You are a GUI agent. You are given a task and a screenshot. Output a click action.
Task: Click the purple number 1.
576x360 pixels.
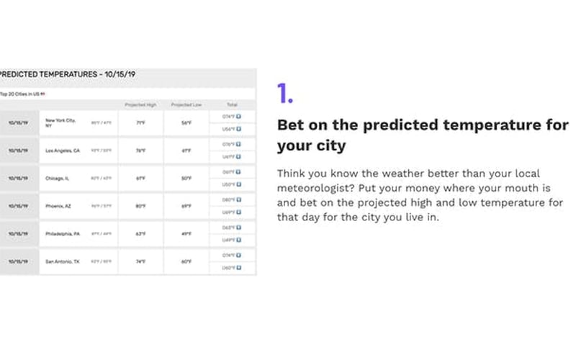[284, 94]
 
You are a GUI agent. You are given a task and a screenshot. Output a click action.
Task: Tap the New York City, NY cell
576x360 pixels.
[60, 122]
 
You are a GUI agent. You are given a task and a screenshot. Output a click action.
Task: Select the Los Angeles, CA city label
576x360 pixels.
[64, 150]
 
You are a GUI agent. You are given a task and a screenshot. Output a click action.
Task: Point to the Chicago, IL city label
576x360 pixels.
[57, 178]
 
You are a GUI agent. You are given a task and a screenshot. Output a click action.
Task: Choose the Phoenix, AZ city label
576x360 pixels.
[58, 206]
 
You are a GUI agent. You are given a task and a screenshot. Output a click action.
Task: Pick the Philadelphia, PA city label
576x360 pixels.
[63, 233]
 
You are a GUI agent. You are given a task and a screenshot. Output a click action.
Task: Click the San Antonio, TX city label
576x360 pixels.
[63, 261]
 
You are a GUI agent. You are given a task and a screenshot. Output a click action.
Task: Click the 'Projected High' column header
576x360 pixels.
[140, 105]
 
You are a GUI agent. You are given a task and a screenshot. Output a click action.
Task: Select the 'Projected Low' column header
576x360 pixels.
[186, 105]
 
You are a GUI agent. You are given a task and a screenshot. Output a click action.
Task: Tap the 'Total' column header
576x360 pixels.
[232, 105]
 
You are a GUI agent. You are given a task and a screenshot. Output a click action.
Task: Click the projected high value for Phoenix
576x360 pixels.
[141, 206]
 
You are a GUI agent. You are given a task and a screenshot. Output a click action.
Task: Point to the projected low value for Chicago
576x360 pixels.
[186, 178]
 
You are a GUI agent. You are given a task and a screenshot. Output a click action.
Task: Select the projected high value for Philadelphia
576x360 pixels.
[141, 233]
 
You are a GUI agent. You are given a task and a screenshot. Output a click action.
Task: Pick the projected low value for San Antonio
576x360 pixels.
[186, 261]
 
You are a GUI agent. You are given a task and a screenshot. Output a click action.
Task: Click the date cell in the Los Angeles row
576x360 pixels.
[18, 150]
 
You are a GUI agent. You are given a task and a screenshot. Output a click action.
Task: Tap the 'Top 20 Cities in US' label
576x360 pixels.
[22, 94]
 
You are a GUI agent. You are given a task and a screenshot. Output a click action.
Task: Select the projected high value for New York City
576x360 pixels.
[141, 122]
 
